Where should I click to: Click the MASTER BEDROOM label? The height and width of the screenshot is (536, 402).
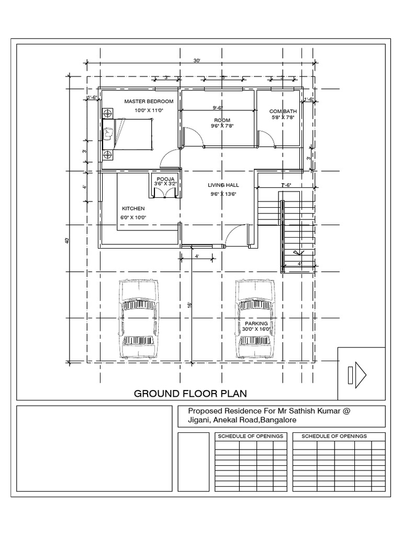click(149, 100)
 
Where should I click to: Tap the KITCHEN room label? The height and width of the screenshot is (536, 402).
click(133, 208)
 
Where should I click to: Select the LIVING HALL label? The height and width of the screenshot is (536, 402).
click(224, 185)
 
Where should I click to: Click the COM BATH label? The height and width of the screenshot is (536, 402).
click(283, 111)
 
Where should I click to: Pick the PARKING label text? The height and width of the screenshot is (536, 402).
click(256, 324)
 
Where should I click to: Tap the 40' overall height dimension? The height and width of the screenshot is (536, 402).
click(67, 240)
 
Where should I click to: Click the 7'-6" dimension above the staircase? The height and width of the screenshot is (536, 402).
click(286, 185)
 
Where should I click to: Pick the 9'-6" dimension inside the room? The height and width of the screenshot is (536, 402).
click(218, 108)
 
